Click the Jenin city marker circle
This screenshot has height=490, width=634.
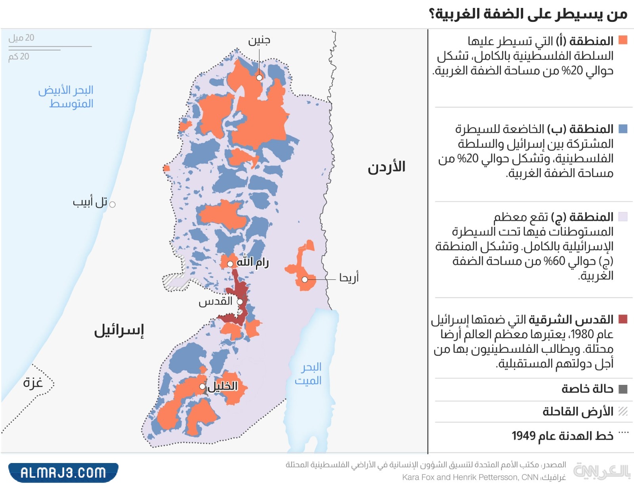[x=259, y=77]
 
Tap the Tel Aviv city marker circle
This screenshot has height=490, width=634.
[x=113, y=204]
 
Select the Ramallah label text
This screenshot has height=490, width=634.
[x=252, y=262]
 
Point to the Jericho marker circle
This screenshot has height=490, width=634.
[x=305, y=279]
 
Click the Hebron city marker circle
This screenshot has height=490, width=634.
[x=202, y=386]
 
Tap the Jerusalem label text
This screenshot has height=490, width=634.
[x=215, y=302]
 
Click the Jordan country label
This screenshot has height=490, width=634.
[x=386, y=167]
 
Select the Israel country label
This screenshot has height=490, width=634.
[x=119, y=330]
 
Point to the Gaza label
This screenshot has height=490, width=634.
[x=33, y=382]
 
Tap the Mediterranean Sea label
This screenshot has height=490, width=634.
[x=66, y=96]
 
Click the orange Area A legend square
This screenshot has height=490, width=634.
[x=623, y=40]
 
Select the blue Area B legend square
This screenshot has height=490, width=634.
[x=623, y=129]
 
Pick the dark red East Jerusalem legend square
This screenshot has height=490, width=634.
[x=623, y=319]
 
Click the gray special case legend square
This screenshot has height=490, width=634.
[x=623, y=389]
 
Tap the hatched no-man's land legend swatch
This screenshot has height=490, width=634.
[x=623, y=411]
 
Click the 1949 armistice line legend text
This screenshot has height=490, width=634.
[x=562, y=436]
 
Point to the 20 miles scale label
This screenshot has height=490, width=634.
[x=21, y=38]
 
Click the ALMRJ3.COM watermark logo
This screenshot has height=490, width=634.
[x=63, y=472]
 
